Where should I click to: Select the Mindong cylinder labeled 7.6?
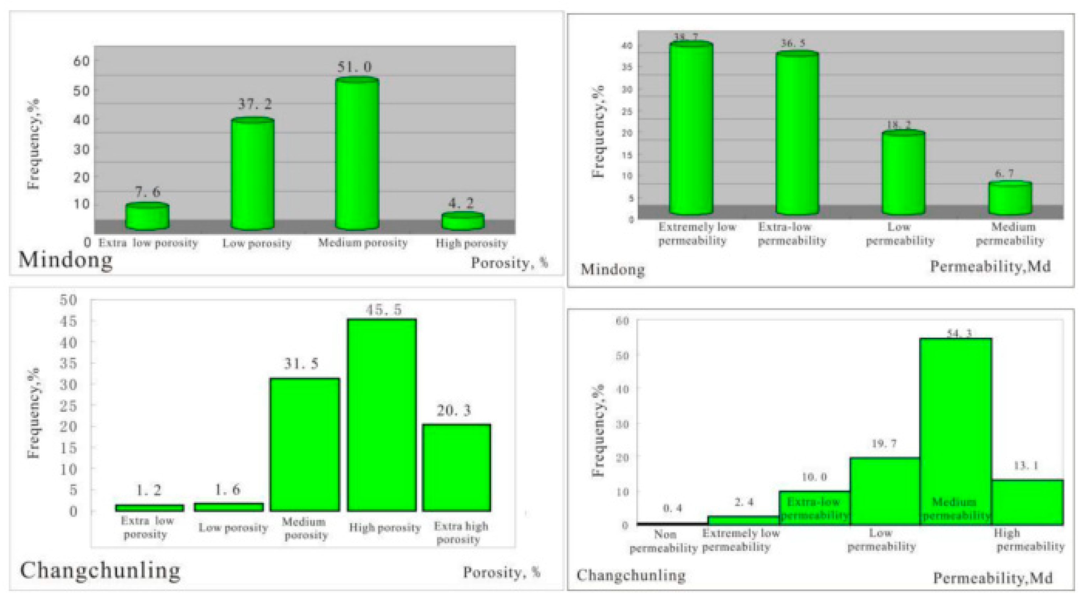(148, 217)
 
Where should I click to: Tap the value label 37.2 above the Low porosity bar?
(255, 104)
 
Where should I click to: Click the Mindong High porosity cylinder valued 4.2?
(463, 222)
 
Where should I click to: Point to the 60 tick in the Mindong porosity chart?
(81, 61)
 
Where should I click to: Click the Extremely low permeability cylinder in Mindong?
(691, 129)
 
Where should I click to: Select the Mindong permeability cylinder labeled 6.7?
(1010, 198)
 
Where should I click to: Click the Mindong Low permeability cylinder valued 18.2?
(903, 173)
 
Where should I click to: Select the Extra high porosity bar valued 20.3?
(456, 468)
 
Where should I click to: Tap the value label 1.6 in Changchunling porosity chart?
(228, 490)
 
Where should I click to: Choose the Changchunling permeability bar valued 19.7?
(885, 491)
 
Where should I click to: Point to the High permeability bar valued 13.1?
(1027, 502)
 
